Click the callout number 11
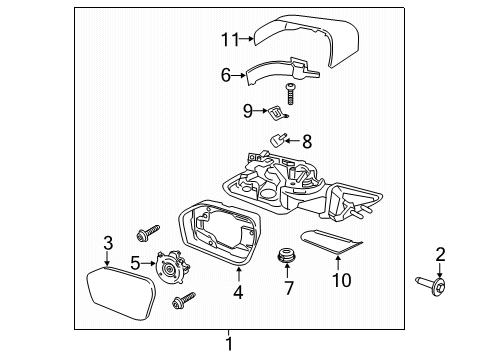[x=231, y=39]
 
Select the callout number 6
[x=226, y=74]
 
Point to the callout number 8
[x=306, y=142]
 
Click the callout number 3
[x=108, y=243]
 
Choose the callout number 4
[x=237, y=294]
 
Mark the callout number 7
[x=288, y=289]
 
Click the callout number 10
[x=341, y=280]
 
